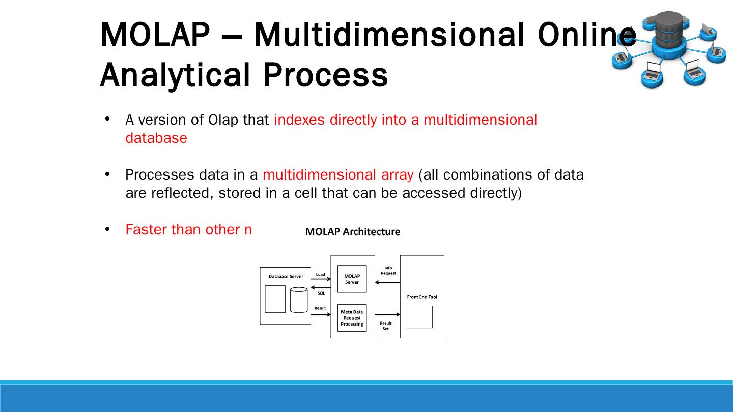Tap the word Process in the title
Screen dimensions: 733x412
[325, 75]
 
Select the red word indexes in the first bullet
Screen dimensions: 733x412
[300, 120]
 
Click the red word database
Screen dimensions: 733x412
[156, 138]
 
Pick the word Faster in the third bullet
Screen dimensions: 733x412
[147, 230]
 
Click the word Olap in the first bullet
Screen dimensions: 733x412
[219, 120]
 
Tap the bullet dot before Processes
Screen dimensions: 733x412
[107, 174]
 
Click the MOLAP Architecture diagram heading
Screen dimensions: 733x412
[352, 232]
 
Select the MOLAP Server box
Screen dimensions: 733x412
[352, 279]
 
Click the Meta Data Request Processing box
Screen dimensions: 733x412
[352, 318]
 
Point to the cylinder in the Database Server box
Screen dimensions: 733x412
[299, 300]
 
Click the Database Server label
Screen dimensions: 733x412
[286, 277]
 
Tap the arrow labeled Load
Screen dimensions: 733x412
[321, 279]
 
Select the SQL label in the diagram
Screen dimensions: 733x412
[321, 293]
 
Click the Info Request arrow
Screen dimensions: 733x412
[389, 282]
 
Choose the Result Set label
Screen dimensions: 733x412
[386, 326]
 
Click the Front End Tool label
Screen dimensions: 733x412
[421, 297]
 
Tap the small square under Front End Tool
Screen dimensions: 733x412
[419, 317]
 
